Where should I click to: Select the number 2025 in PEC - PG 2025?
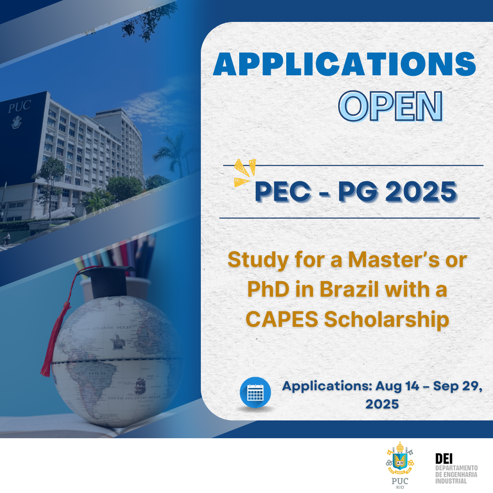[421, 192]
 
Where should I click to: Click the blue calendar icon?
[255, 392]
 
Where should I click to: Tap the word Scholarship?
[386, 320]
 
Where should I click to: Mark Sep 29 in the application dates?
[455, 386]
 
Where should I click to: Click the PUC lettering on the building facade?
[19, 107]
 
